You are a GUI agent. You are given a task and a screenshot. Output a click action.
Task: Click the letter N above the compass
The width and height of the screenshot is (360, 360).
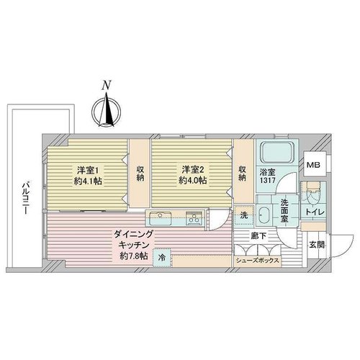(x=107, y=85)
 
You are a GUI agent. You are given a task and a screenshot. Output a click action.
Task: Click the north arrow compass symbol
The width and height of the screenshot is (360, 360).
(x=107, y=111)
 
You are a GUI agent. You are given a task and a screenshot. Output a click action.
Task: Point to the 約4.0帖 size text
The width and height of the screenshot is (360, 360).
(x=193, y=181)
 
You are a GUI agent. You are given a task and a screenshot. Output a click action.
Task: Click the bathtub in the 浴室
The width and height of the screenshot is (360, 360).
(x=277, y=153)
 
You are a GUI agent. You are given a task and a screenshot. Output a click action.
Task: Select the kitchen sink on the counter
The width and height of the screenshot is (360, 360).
(x=160, y=217)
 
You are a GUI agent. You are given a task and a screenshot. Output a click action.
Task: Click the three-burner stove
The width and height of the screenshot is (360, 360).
(x=194, y=218)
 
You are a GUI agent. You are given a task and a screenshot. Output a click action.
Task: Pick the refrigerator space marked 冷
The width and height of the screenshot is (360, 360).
(x=162, y=258)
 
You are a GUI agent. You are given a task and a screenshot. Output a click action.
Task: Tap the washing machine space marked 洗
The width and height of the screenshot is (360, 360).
(x=244, y=215)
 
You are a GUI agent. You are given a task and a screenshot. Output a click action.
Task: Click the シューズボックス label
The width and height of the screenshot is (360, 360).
(x=257, y=261)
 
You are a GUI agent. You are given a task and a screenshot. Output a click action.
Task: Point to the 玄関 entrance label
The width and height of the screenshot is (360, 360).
(x=317, y=245)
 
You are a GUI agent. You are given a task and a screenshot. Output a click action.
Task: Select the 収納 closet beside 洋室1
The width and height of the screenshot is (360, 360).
(x=140, y=174)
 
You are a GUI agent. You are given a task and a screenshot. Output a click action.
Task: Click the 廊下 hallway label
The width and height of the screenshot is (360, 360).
(x=258, y=236)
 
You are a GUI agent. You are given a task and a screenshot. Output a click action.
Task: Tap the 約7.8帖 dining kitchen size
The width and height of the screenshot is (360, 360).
(x=134, y=256)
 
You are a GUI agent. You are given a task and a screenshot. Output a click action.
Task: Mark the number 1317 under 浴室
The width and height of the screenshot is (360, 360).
(x=268, y=181)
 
